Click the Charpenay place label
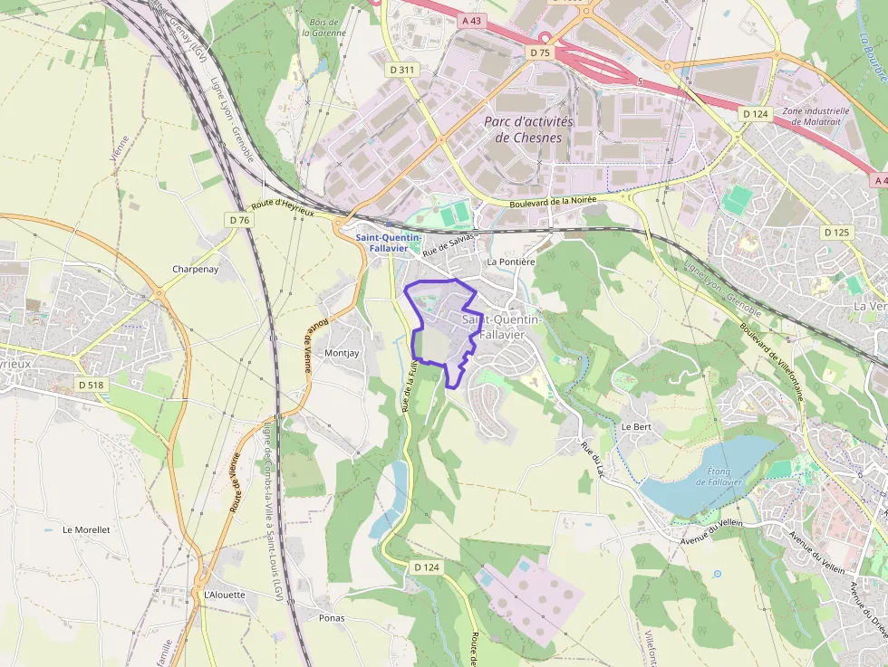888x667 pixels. click(x=195, y=269)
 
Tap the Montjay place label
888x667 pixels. click(x=342, y=353)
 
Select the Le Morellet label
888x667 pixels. click(x=86, y=529)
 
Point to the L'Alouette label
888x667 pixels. click(x=224, y=595)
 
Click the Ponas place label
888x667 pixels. click(x=332, y=617)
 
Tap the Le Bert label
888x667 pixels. click(x=636, y=426)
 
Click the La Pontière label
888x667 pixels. click(x=512, y=262)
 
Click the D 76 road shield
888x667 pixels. click(x=239, y=220)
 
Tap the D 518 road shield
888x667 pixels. click(x=91, y=385)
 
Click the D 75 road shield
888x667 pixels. click(x=539, y=53)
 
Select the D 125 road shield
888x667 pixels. click(x=837, y=233)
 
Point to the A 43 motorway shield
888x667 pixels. click(x=470, y=20)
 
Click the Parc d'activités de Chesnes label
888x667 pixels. click(x=528, y=129)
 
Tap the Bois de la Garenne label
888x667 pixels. click(x=323, y=26)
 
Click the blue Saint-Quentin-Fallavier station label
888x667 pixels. click(x=388, y=243)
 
